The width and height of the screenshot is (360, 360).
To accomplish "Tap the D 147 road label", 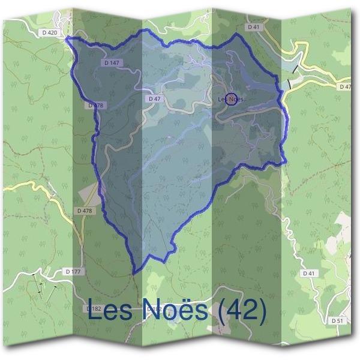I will pyautogui.click(x=112, y=62).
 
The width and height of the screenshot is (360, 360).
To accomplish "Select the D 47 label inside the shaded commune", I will pyautogui.click(x=154, y=98).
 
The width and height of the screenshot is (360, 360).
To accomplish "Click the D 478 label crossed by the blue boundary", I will pyautogui.click(x=96, y=106).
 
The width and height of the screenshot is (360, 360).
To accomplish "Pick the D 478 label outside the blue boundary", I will pyautogui.click(x=85, y=211).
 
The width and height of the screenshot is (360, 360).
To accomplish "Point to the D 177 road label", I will pyautogui.click(x=74, y=272).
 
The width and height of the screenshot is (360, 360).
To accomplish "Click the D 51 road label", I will pyautogui.click(x=337, y=321).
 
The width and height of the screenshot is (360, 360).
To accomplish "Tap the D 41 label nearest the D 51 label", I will pyautogui.click(x=308, y=273).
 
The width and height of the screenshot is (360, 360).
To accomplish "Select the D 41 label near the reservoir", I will pyautogui.click(x=253, y=27).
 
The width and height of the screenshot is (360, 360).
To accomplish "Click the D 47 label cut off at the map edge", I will pyautogui.click(x=345, y=87).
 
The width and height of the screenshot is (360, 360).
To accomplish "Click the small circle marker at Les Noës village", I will pyautogui.click(x=230, y=99).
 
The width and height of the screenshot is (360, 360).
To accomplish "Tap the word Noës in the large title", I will pyautogui.click(x=176, y=310).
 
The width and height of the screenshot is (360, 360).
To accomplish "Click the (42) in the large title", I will pyautogui.click(x=241, y=310).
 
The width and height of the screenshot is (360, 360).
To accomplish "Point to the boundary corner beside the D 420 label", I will pyautogui.click(x=67, y=38).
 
